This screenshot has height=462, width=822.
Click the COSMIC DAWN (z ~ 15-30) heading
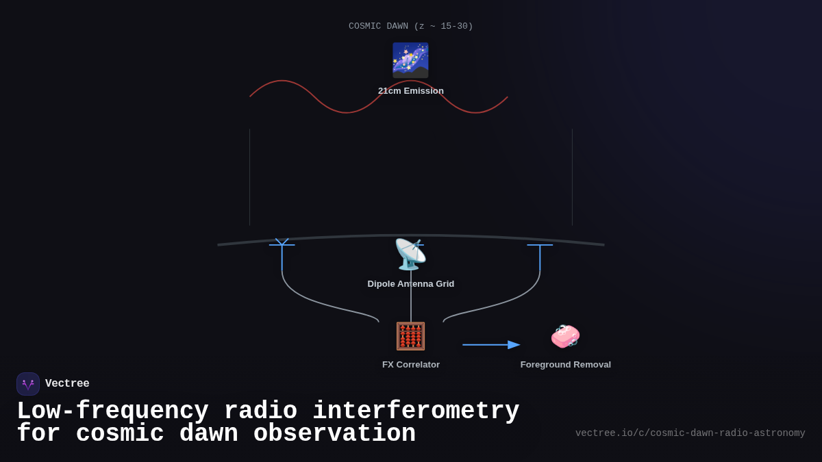pos(410,27)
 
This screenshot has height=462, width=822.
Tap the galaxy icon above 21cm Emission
pos(410,60)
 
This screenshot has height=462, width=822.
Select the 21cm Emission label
pos(410,91)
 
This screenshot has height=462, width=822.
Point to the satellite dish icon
pos(410,255)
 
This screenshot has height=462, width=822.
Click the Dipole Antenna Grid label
pos(410,284)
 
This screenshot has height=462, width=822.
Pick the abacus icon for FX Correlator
pos(410,336)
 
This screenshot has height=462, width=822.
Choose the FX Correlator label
pos(410,365)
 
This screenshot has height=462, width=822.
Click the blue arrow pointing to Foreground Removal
pos(491,345)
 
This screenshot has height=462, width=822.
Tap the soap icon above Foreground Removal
pos(565,336)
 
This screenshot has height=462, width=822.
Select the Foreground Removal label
pos(565,365)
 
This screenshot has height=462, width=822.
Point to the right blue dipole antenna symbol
pos(540,253)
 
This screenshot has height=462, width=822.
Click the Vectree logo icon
pos(28,384)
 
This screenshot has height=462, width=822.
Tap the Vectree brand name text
pos(67,384)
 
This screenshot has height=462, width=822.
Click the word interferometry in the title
pos(416,411)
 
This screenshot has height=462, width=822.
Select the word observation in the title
pos(334,434)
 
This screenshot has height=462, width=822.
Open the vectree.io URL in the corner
pos(690,433)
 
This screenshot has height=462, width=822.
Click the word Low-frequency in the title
pos(112,411)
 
